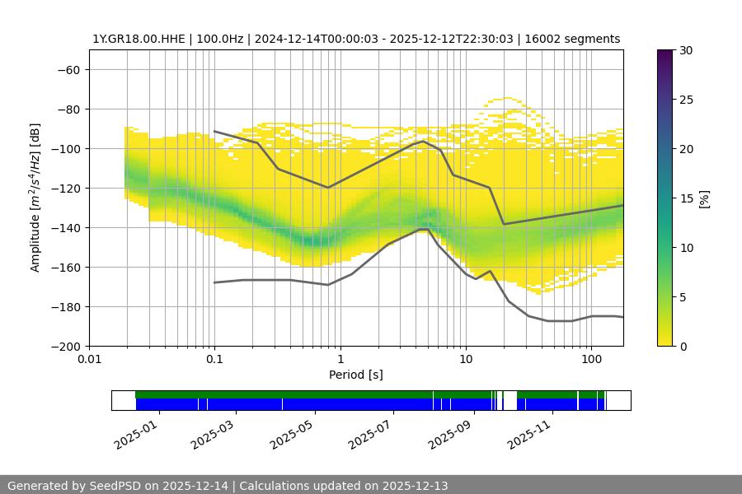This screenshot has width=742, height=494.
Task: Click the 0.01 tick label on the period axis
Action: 89,360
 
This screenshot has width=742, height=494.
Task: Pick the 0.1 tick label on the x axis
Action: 214,360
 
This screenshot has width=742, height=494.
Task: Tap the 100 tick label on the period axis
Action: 590,360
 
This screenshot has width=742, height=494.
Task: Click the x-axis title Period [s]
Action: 356,375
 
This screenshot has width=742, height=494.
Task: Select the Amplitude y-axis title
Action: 35,198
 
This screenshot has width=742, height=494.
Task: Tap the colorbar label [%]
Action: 705,198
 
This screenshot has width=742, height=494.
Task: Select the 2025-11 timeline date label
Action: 528,431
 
